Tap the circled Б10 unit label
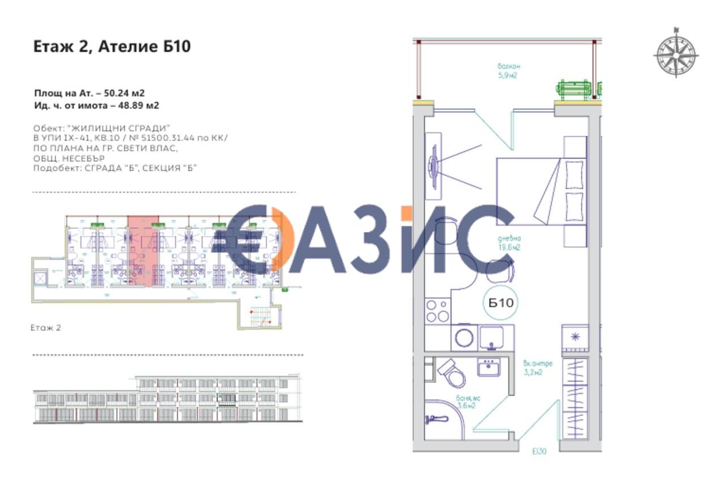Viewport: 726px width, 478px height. coord(501,303)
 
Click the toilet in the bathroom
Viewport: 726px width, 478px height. coord(451,372)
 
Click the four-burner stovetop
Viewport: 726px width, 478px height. coord(437,311)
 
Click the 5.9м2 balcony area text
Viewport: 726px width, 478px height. coord(507,74)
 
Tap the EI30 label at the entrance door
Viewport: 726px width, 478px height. coord(539,451)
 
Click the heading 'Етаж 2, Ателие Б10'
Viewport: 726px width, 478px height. coord(112,46)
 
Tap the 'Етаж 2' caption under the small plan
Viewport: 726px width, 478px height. coord(46,327)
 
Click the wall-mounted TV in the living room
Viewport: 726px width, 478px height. coord(435,165)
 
